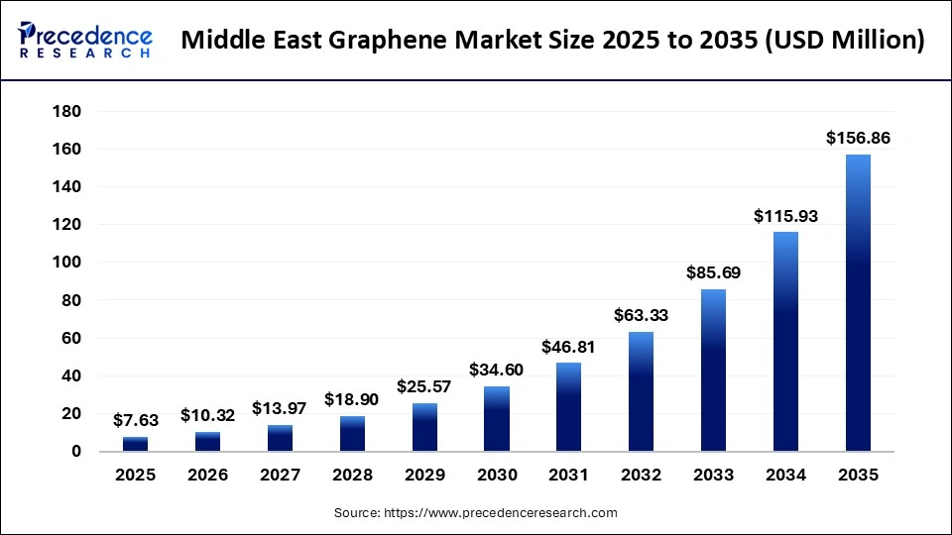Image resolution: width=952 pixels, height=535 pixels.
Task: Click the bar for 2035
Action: point(858,303)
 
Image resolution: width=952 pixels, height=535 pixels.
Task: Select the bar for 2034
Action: point(785,342)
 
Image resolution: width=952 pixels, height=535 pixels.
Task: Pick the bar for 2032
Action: point(641,391)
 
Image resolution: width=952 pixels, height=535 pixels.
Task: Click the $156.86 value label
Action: point(858,139)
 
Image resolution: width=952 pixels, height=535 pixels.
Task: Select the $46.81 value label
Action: point(568,348)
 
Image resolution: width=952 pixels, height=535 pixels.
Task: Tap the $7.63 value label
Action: point(135,421)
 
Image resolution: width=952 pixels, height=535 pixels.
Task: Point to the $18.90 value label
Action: point(351,400)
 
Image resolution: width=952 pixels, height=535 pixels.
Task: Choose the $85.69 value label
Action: point(713,271)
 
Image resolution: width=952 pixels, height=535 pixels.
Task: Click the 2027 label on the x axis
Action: point(280,475)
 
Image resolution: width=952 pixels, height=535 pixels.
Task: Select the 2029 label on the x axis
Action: point(424,475)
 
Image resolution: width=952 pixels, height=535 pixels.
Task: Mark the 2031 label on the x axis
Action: point(568,475)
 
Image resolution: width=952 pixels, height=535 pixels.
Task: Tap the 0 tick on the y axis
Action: point(75,452)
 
